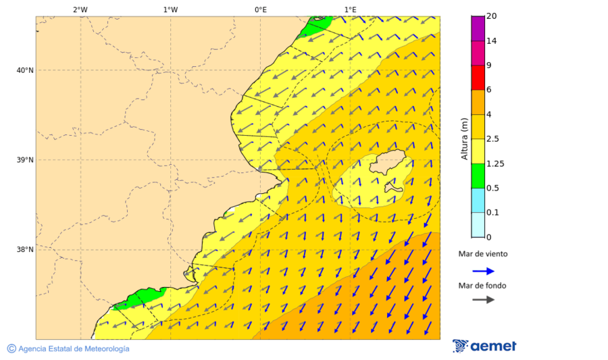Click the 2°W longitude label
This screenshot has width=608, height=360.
pyautogui.click(x=80, y=9)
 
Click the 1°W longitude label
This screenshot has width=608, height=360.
pyautogui.click(x=170, y=9)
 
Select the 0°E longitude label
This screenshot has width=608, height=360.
pyautogui.click(x=260, y=9)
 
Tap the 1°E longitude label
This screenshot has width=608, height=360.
pyautogui.click(x=350, y=9)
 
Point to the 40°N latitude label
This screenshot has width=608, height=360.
pyautogui.click(x=24, y=70)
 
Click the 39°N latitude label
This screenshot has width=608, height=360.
pyautogui.click(x=24, y=160)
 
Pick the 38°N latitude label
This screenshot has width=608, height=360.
pyautogui.click(x=24, y=250)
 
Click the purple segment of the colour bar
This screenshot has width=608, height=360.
pyautogui.click(x=478, y=28)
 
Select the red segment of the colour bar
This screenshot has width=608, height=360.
pyautogui.click(x=478, y=78)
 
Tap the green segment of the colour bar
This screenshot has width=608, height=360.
pyautogui.click(x=478, y=176)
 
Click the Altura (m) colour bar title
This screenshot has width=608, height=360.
pyautogui.click(x=464, y=139)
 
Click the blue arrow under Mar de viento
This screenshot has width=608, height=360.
pyautogui.click(x=483, y=271)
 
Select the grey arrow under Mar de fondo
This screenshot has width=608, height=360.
pyautogui.click(x=483, y=300)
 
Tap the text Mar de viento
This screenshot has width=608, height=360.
pyautogui.click(x=482, y=255)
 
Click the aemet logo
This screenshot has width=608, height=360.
pyautogui.click(x=484, y=346)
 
